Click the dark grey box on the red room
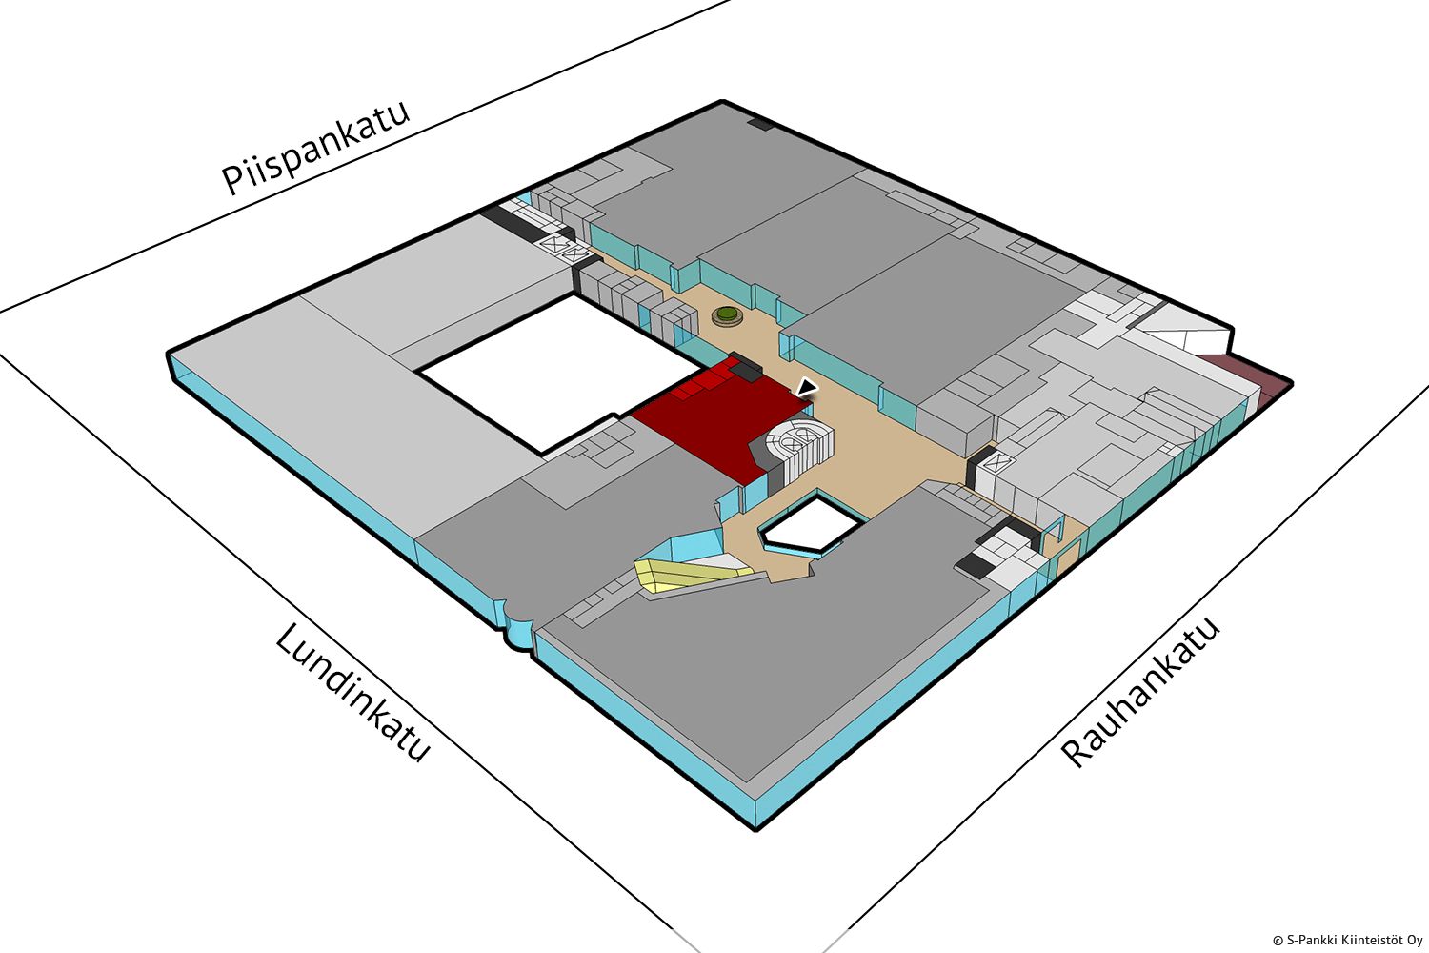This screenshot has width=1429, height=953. pos(745,366)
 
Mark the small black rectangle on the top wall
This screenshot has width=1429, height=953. pos(761,123)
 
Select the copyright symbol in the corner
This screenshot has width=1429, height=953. pos(1278,941)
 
